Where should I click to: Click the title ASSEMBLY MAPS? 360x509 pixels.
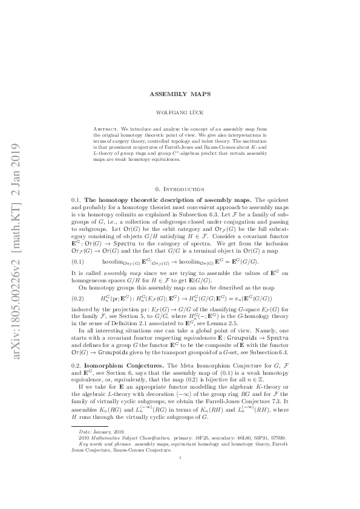click(x=180, y=95)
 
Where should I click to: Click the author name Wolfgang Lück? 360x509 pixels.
click(x=180, y=112)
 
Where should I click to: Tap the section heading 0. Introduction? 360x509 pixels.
click(x=180, y=189)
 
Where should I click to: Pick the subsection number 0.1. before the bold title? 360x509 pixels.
click(x=76, y=199)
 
